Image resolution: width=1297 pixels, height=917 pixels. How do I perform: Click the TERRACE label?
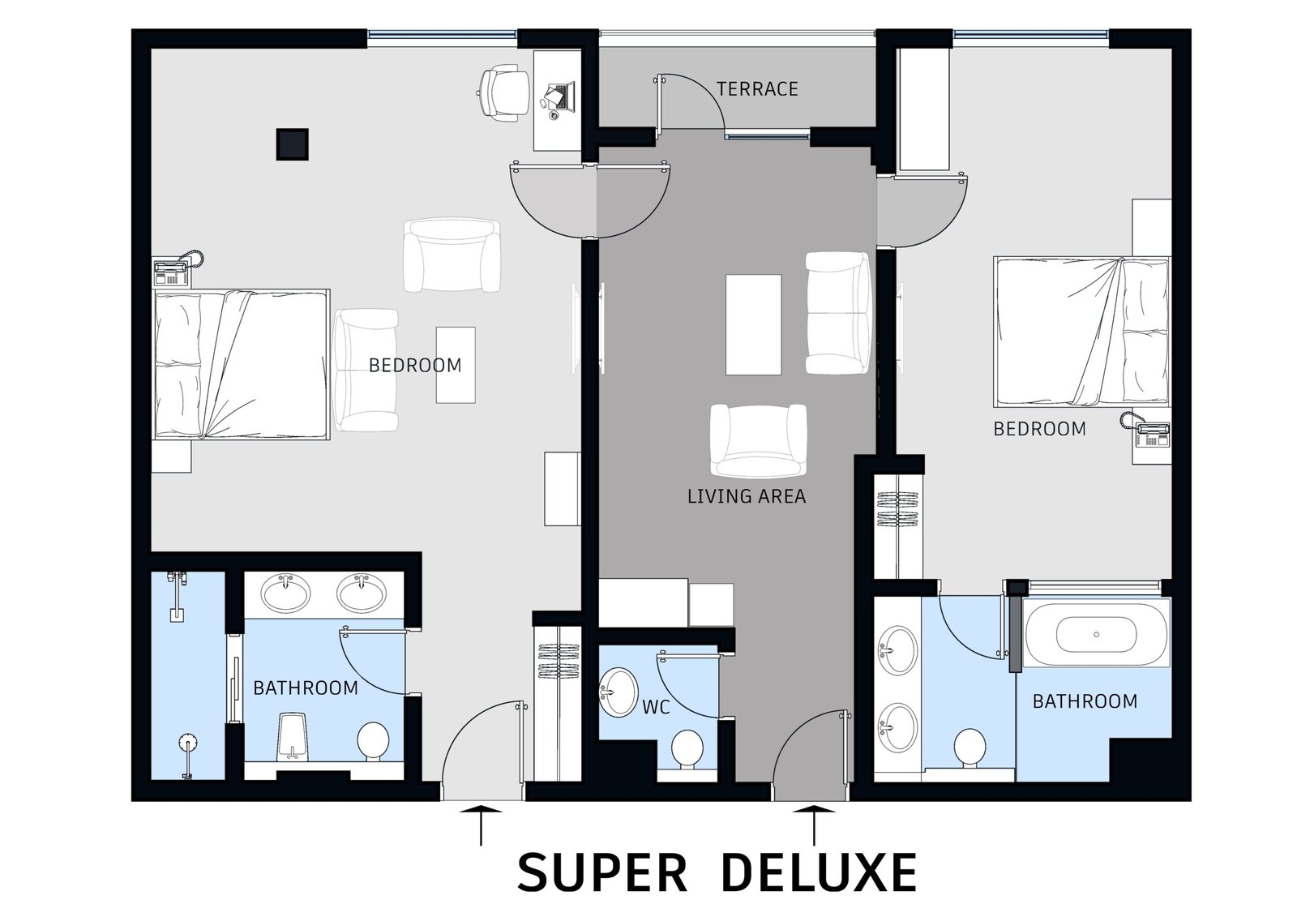[757, 88]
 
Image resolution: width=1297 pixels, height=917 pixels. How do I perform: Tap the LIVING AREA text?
[747, 496]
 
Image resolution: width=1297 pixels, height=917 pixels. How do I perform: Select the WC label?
[656, 707]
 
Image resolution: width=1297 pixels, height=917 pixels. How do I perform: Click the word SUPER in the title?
[602, 872]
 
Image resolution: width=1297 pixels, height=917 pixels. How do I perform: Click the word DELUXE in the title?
[820, 872]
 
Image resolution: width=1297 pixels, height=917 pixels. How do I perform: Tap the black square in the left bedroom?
[292, 144]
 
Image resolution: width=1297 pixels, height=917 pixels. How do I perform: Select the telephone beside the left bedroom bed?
[176, 269]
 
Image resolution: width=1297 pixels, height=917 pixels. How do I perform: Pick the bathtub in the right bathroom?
[1096, 634]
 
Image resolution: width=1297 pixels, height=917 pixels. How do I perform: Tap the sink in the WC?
[619, 692]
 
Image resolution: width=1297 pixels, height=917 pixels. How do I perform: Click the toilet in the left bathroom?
[373, 742]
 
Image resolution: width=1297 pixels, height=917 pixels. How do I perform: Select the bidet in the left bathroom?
[293, 737]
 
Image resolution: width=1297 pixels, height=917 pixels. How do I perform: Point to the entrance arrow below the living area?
[814, 825]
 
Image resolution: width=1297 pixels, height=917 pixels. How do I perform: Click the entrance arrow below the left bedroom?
[481, 825]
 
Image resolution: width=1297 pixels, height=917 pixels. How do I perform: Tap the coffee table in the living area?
[753, 324]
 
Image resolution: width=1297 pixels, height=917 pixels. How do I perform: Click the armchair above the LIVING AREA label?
[759, 440]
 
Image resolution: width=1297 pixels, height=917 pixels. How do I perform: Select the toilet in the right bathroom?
[970, 748]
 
